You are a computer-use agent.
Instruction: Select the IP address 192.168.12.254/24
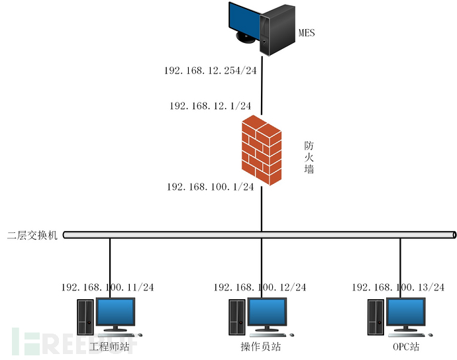pyautogui.click(x=210, y=70)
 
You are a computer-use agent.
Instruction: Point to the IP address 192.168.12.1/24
pyautogui.click(x=210, y=106)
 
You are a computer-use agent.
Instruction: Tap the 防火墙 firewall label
pyautogui.click(x=309, y=157)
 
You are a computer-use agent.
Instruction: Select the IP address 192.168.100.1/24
pyautogui.click(x=210, y=187)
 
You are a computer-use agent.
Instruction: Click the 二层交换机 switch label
pyautogui.click(x=32, y=235)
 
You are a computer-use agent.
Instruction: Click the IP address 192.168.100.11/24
pyautogui.click(x=107, y=287)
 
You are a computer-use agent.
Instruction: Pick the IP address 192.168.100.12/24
pyautogui.click(x=260, y=287)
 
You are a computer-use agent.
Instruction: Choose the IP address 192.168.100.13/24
pyautogui.click(x=397, y=287)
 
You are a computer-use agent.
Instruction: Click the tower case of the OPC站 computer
pyautogui.click(x=376, y=318)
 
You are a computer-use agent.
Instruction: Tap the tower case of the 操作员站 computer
pyautogui.click(x=236, y=318)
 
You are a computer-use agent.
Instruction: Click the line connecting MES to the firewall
pyautogui.click(x=262, y=86)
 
